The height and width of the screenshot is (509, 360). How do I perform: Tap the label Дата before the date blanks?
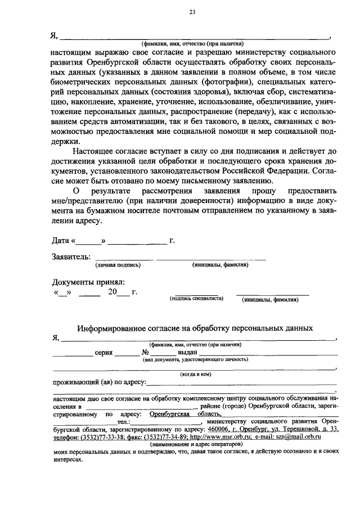click(60, 241)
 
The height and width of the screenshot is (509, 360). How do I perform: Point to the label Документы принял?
click(88, 282)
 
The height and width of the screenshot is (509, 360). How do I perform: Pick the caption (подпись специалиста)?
click(196, 298)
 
